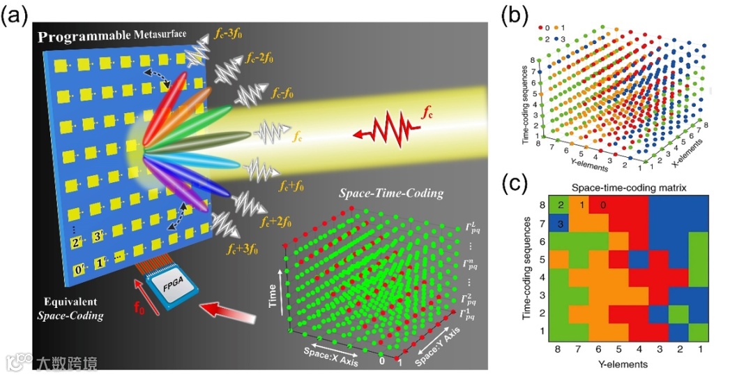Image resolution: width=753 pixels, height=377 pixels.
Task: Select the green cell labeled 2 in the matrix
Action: coord(559,205)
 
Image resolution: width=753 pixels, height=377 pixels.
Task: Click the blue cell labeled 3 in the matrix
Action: coord(559,223)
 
